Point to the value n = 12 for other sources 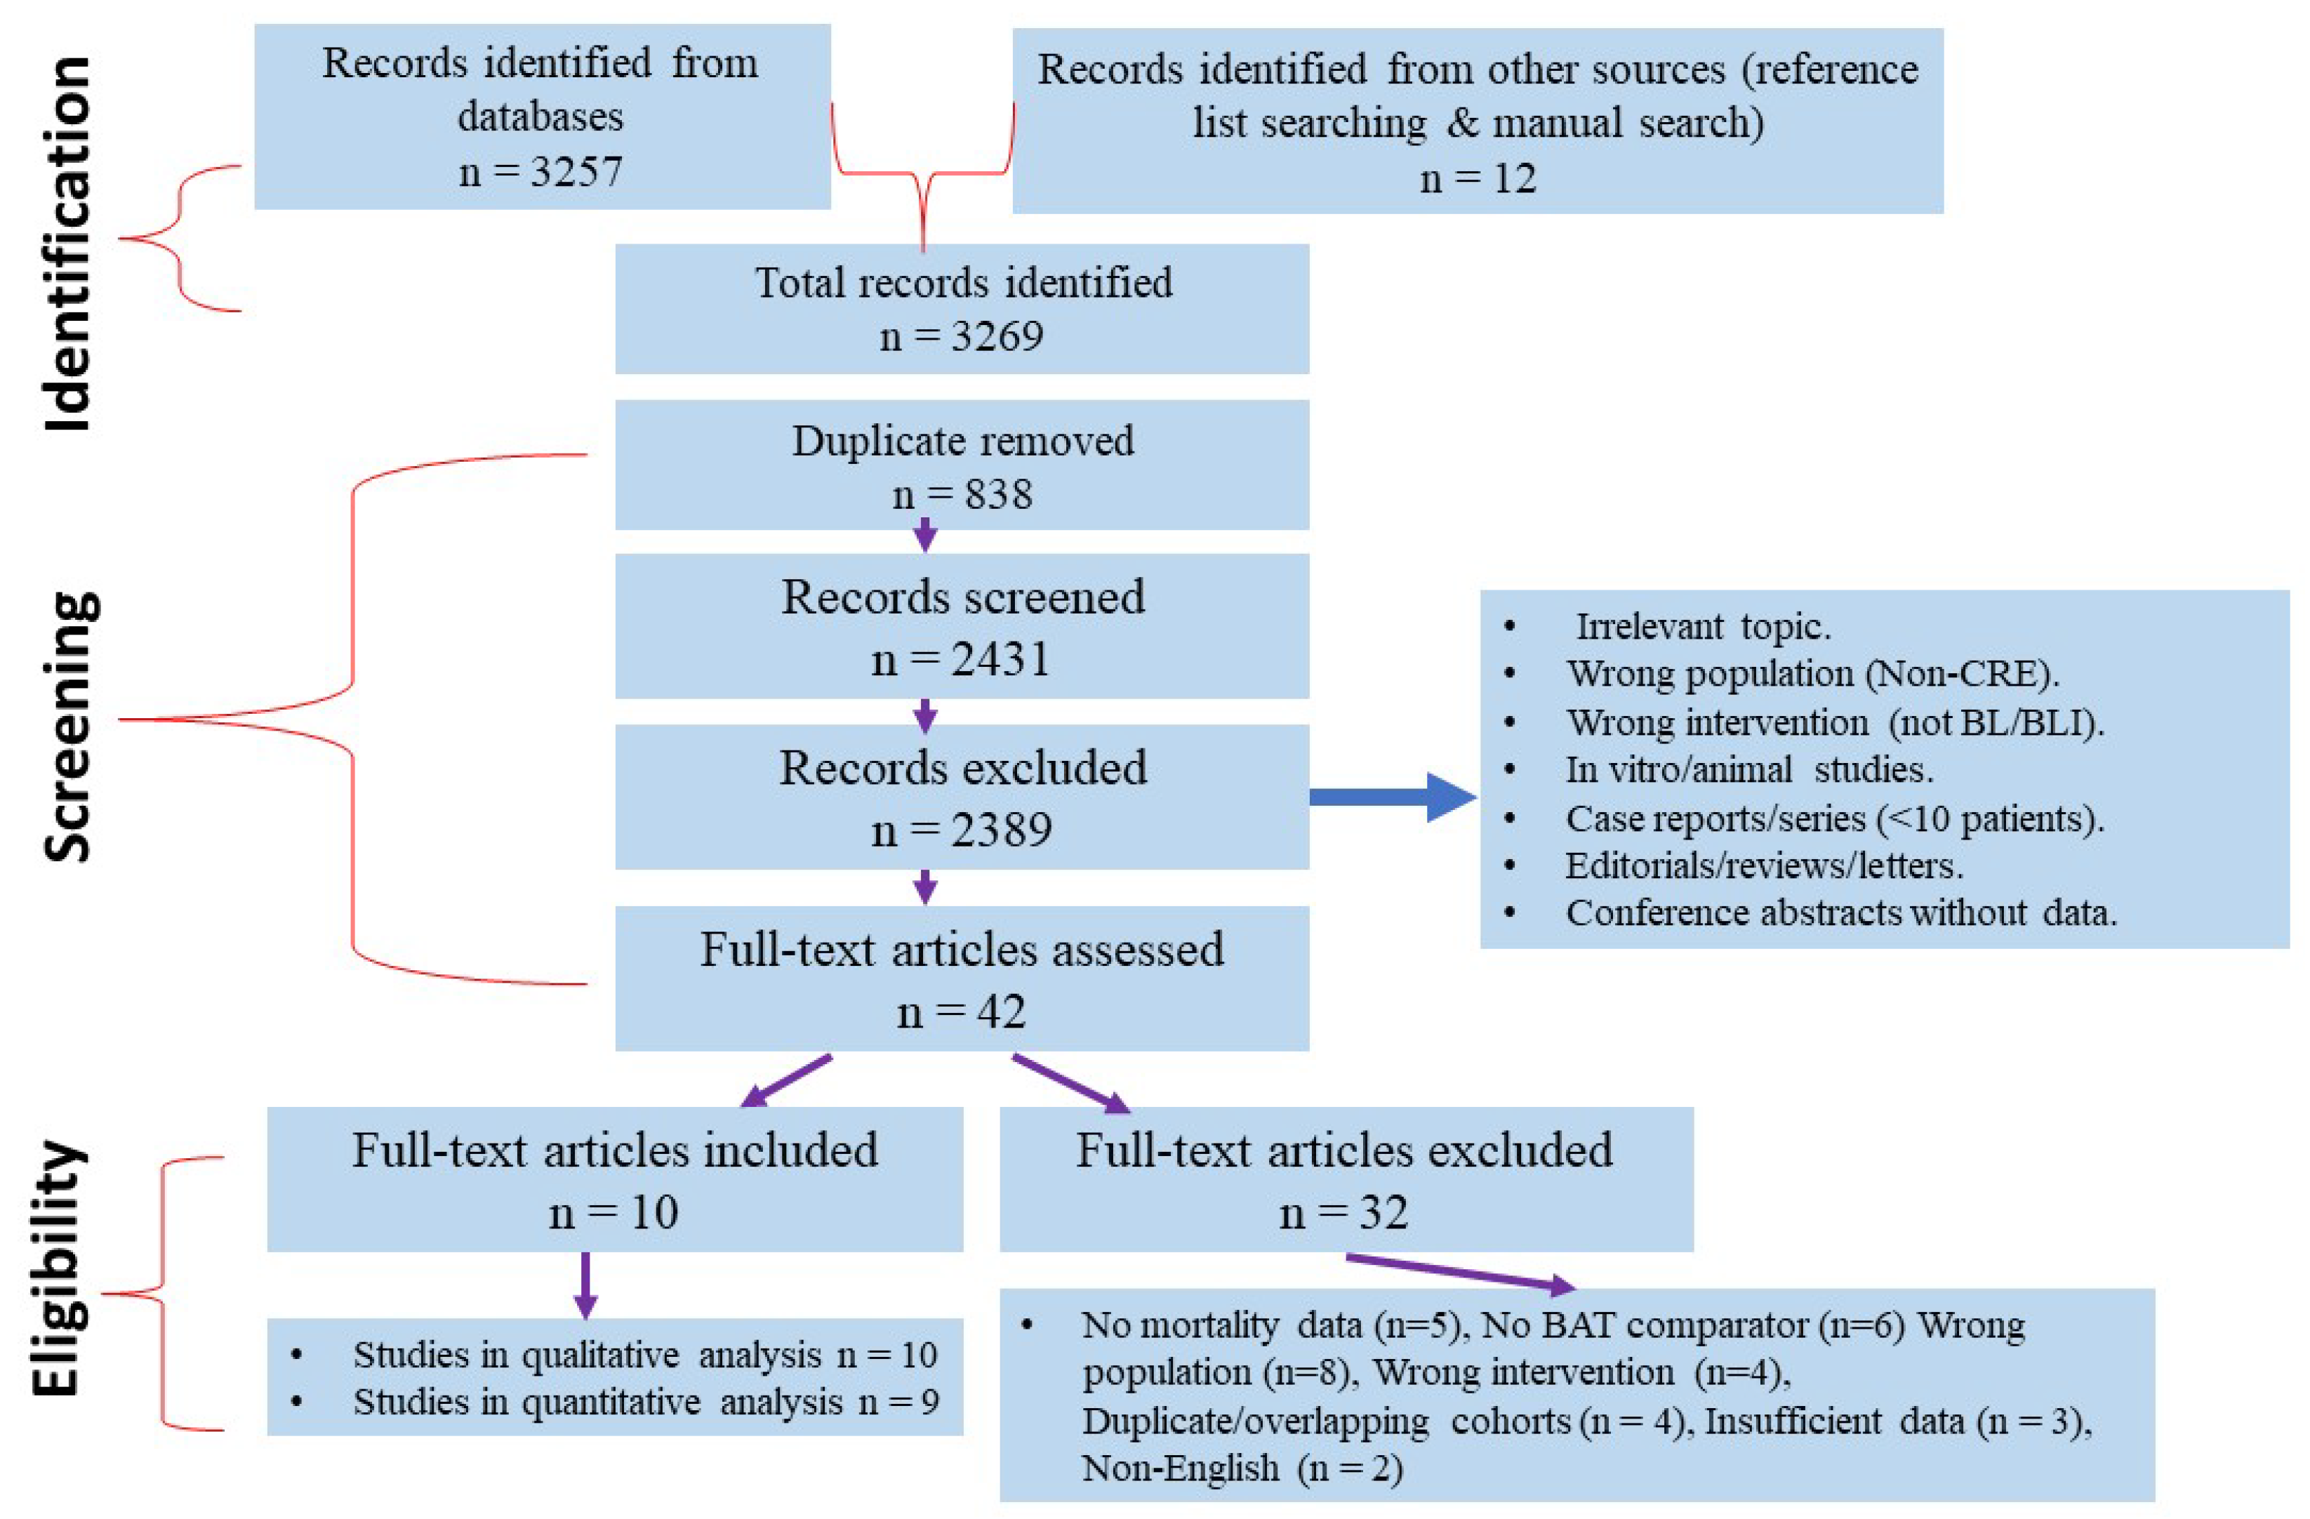point(1478,178)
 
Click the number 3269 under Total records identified point(997,336)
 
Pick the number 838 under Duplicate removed point(997,494)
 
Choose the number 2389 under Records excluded point(1002,830)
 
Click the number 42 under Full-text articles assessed point(1001,1011)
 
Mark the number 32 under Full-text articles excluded point(1382,1212)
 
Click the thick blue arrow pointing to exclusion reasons point(1393,797)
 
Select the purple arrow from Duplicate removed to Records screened point(925,535)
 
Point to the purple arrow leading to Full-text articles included point(786,1080)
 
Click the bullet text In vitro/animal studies point(1749,770)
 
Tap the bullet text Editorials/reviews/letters point(1763,865)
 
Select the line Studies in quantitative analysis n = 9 point(646,1402)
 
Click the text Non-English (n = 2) point(1242,1468)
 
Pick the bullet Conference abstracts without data point(1841,913)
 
